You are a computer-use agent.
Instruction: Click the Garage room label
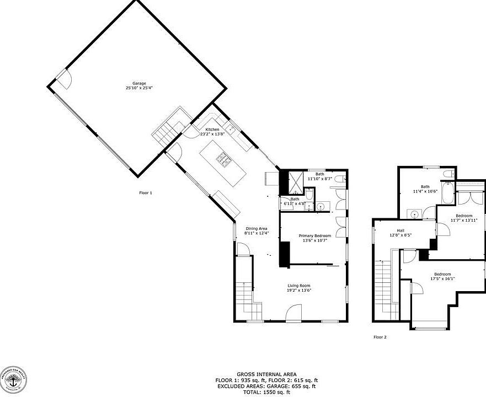point(139,83)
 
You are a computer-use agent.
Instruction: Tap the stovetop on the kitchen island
point(224,160)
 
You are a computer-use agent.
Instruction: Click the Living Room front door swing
point(294,313)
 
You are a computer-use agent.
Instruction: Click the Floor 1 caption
point(145,193)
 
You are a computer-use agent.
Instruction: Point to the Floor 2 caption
point(380,337)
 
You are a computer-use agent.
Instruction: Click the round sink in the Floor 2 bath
point(414,214)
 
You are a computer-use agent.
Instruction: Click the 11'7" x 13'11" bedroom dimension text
point(464,221)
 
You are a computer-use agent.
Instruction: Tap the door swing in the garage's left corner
point(63,80)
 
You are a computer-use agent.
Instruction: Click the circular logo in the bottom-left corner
point(13,380)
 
